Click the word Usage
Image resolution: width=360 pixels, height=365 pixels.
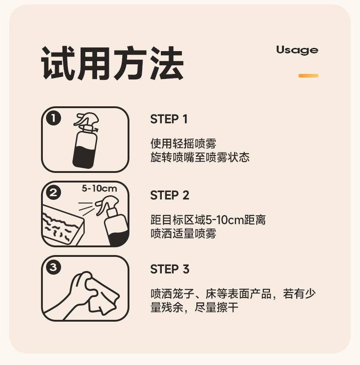coord(297,50)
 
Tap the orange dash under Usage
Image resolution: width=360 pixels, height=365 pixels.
coord(309,76)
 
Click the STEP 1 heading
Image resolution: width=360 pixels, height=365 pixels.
coord(169,119)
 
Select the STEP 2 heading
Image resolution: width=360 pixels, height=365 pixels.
coord(170,195)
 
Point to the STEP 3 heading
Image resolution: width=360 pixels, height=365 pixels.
coord(170,269)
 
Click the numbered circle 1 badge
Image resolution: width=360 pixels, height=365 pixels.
coord(53,118)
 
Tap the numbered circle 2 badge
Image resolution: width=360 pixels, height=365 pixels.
coord(53,193)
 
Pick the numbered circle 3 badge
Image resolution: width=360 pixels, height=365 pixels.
coord(53,267)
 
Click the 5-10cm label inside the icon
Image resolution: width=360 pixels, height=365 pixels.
coord(99,188)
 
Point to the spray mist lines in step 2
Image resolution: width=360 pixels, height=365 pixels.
coord(86,207)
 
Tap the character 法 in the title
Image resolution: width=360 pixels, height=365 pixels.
coord(166,63)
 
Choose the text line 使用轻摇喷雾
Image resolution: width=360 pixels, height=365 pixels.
coord(183,143)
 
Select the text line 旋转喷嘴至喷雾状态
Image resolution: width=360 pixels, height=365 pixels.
coord(200,157)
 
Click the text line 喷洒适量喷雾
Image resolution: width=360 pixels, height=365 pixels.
coord(183,234)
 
